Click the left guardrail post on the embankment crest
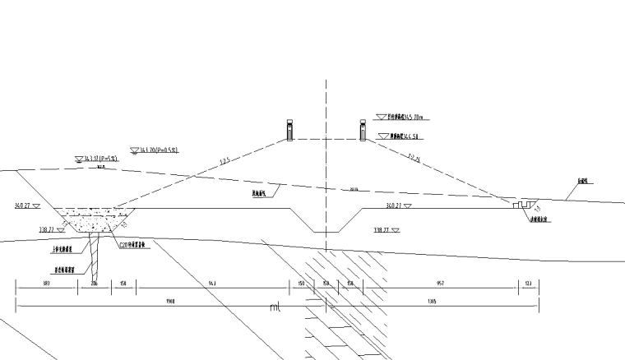click(289, 130)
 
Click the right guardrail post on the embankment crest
click(362, 130)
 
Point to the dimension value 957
click(441, 284)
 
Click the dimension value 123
click(528, 284)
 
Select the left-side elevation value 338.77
click(45, 230)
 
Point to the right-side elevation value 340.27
click(397, 205)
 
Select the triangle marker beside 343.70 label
click(134, 150)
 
